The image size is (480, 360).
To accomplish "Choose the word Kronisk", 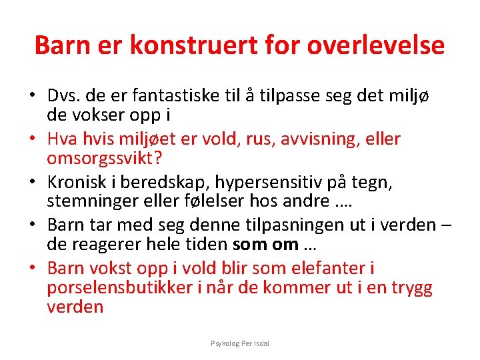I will (77, 181).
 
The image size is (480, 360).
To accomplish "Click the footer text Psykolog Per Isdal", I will (240, 343).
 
